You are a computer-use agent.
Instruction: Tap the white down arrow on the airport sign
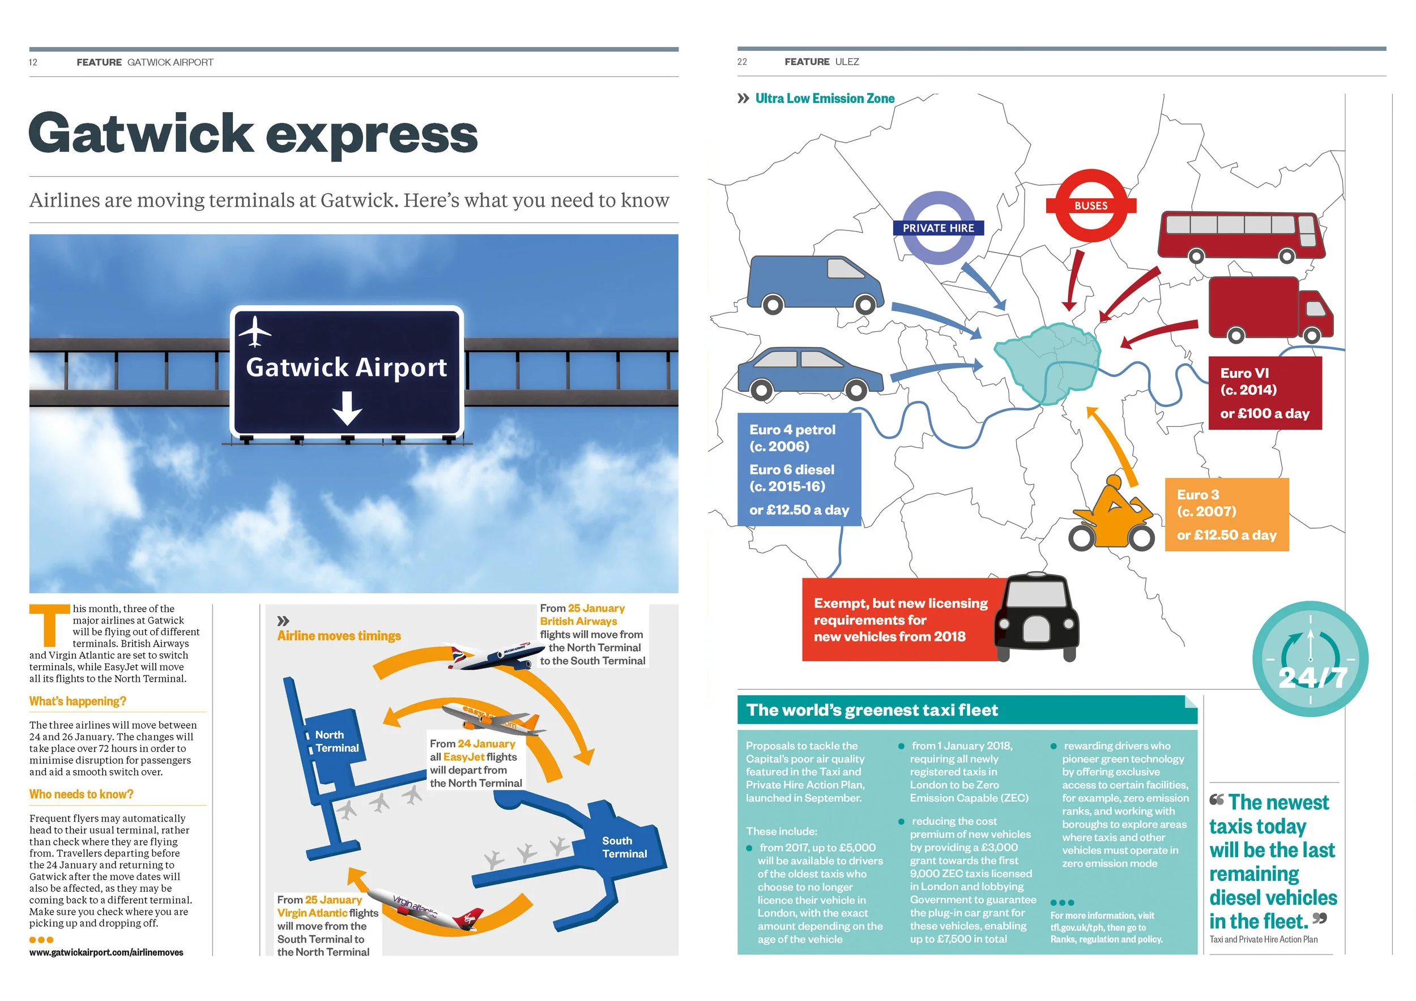click(347, 408)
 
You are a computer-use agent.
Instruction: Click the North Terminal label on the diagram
click(336, 741)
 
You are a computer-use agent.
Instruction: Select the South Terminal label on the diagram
click(624, 847)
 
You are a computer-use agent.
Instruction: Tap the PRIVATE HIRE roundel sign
click(939, 228)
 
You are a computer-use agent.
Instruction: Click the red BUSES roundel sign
click(1090, 206)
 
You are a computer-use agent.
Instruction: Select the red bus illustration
click(1240, 236)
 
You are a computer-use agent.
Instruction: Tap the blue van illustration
click(814, 284)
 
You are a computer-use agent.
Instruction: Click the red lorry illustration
click(1270, 309)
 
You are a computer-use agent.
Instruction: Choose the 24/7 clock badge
click(1311, 658)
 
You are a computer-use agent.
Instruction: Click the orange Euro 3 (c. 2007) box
click(1226, 514)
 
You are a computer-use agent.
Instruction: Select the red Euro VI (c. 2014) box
click(1264, 392)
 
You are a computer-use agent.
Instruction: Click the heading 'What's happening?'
click(78, 701)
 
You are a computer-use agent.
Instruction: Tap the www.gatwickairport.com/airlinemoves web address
click(106, 952)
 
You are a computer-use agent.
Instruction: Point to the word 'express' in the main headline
click(372, 134)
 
